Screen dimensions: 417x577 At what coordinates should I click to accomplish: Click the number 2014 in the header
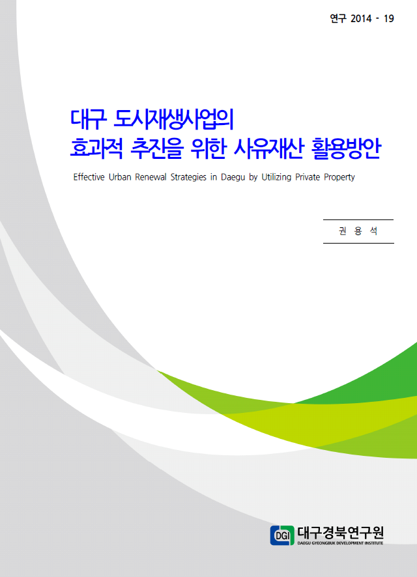361,18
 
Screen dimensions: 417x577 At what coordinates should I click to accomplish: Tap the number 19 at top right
389,18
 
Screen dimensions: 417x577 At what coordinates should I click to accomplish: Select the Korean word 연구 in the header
338,18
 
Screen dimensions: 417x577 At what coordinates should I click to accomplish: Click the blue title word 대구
89,119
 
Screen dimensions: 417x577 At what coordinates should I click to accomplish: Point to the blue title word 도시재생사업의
174,119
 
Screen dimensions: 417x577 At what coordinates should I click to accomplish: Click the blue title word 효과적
96,148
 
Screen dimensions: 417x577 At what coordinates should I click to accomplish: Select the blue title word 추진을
157,148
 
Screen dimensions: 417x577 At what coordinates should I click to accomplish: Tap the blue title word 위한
208,148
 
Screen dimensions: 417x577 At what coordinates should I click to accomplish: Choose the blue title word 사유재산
268,148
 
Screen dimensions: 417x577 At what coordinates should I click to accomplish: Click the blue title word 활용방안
347,148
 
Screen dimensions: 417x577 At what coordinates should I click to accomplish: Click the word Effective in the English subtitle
89,177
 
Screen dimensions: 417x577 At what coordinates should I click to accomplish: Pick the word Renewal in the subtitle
151,177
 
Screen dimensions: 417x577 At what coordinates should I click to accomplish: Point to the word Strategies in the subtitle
188,178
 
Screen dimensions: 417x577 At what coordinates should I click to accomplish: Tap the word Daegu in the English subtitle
233,178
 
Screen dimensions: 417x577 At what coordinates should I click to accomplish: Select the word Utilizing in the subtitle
276,178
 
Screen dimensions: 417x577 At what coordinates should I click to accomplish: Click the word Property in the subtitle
339,178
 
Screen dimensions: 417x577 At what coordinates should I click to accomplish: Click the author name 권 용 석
358,231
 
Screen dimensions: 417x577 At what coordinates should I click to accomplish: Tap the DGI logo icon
282,535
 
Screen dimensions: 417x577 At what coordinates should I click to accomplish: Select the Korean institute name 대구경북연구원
340,533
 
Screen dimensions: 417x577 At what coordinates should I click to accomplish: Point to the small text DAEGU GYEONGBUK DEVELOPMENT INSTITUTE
340,543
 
